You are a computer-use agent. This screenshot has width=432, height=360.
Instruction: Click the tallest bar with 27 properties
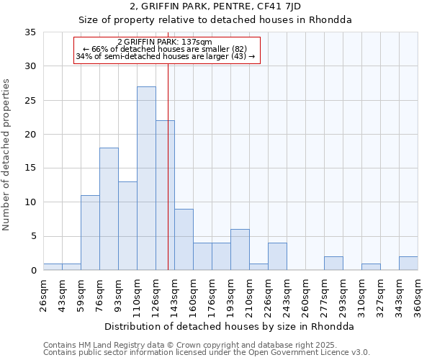pos(146,179)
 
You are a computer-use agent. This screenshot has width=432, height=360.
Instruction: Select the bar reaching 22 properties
pos(165,195)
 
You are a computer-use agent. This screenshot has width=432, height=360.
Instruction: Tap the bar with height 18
pos(109,209)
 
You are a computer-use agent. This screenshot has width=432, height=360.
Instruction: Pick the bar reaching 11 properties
pos(90,233)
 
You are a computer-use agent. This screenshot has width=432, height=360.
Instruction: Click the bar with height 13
pos(127,226)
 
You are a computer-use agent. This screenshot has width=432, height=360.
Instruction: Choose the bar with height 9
pos(184,240)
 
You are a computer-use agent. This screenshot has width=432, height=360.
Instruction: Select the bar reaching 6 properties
pos(240,250)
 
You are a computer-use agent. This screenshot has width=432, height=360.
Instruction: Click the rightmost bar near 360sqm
pos(408,264)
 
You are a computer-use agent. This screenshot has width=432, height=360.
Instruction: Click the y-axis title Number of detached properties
pos(7,155)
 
